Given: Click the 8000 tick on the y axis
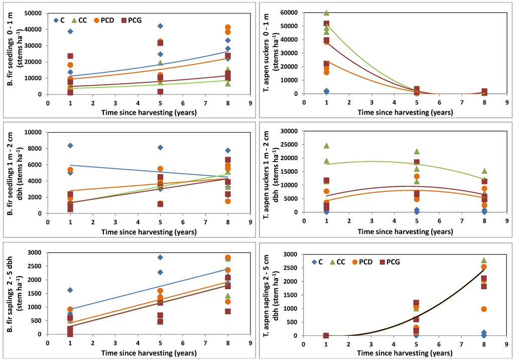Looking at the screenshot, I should point(35,148).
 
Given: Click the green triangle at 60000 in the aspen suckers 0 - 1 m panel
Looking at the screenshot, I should point(326,13).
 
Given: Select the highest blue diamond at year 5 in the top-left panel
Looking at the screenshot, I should point(160,26).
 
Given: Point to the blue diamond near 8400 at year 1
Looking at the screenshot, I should point(70,146).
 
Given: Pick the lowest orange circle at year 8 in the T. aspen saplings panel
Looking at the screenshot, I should point(484,309).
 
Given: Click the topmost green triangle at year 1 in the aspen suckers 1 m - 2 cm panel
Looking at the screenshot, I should point(326,146).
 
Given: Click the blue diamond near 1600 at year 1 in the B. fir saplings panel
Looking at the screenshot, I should point(70,290).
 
